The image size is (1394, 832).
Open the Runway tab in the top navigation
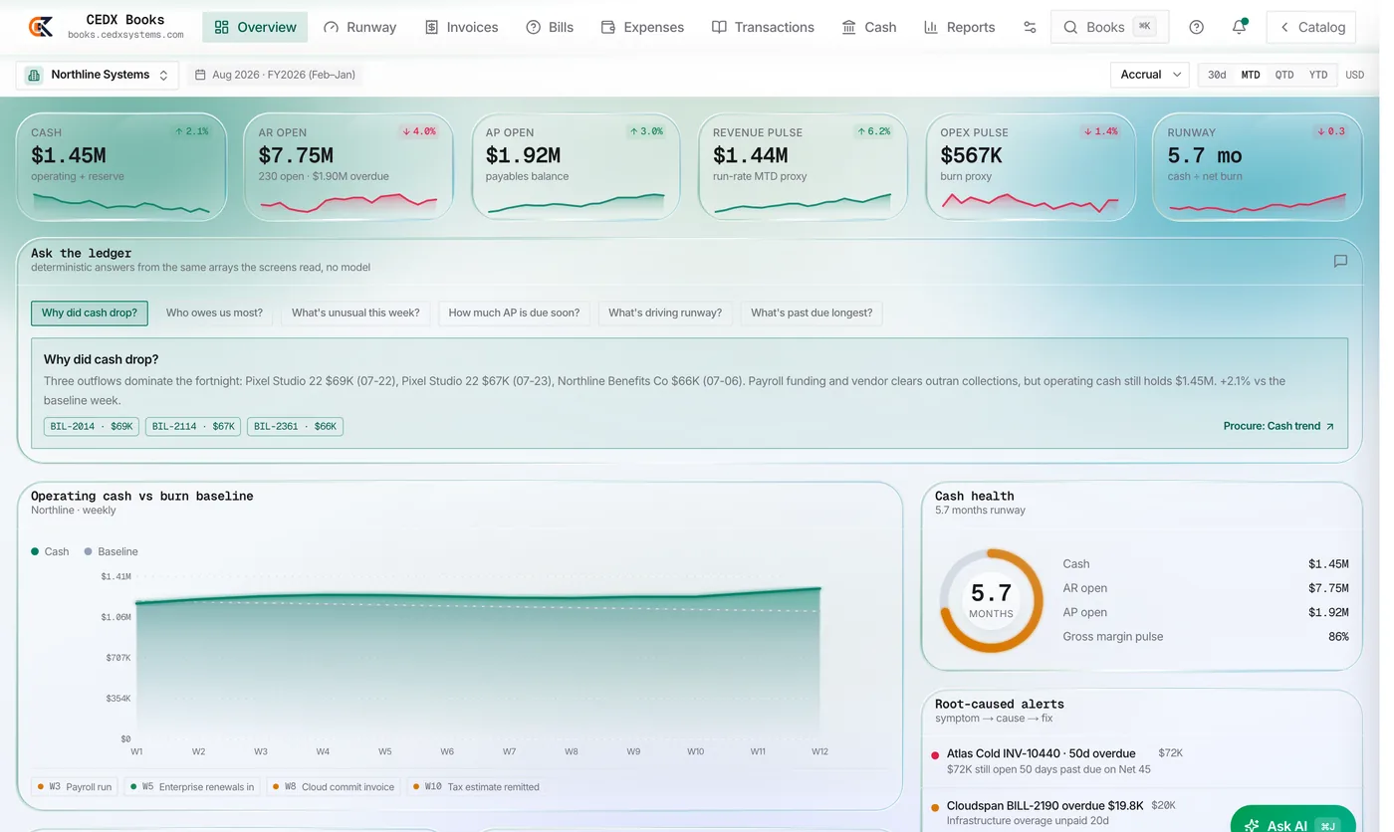pyautogui.click(x=359, y=27)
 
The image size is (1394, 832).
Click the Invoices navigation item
pyautogui.click(x=461, y=27)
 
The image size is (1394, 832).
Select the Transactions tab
pyautogui.click(x=763, y=27)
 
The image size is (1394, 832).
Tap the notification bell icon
pyautogui.click(x=1239, y=27)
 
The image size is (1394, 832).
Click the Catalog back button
pyautogui.click(x=1311, y=27)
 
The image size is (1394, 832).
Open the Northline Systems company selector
pyautogui.click(x=98, y=75)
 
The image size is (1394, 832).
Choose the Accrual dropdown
pyautogui.click(x=1150, y=75)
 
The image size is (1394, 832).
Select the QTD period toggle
pyautogui.click(x=1283, y=75)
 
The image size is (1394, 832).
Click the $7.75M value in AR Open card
pyautogui.click(x=296, y=155)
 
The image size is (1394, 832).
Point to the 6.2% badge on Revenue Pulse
pyautogui.click(x=874, y=131)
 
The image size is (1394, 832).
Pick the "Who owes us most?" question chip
pyautogui.click(x=214, y=312)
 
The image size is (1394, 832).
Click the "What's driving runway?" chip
pyautogui.click(x=665, y=312)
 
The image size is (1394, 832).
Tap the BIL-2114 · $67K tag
pyautogui.click(x=193, y=427)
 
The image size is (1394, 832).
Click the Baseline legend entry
pyautogui.click(x=112, y=551)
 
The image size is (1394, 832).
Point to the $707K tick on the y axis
pyautogui.click(x=117, y=657)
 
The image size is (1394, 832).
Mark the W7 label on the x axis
pyautogui.click(x=509, y=751)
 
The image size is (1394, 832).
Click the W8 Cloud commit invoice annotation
pyautogui.click(x=334, y=786)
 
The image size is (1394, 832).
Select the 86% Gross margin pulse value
pyautogui.click(x=1338, y=636)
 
